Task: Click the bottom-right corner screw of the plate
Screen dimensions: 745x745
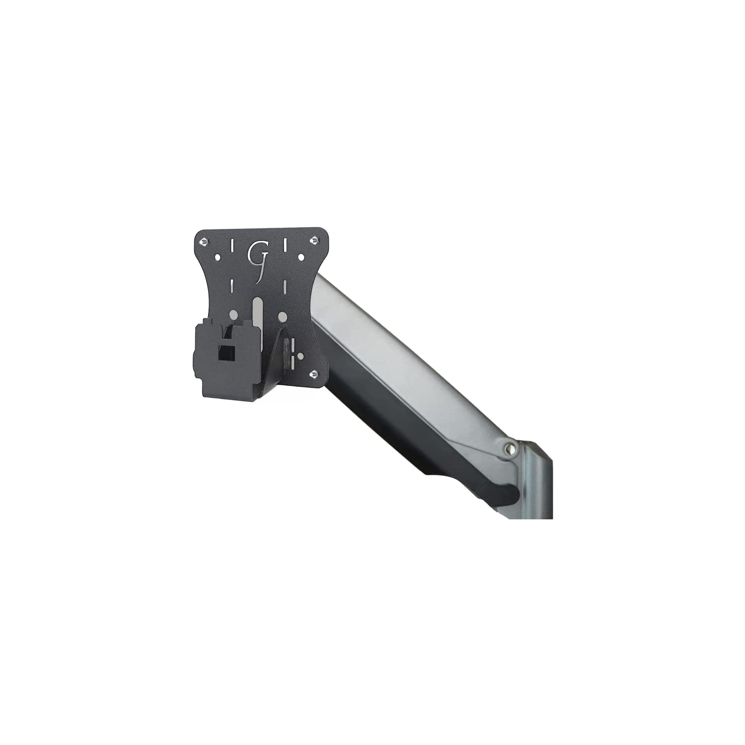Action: click(x=314, y=374)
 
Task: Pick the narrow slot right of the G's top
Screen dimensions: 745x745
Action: click(x=285, y=245)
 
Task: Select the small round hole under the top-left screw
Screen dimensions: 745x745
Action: click(x=217, y=257)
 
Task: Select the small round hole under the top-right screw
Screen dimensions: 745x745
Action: click(x=300, y=257)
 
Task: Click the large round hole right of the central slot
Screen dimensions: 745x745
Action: click(x=282, y=316)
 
